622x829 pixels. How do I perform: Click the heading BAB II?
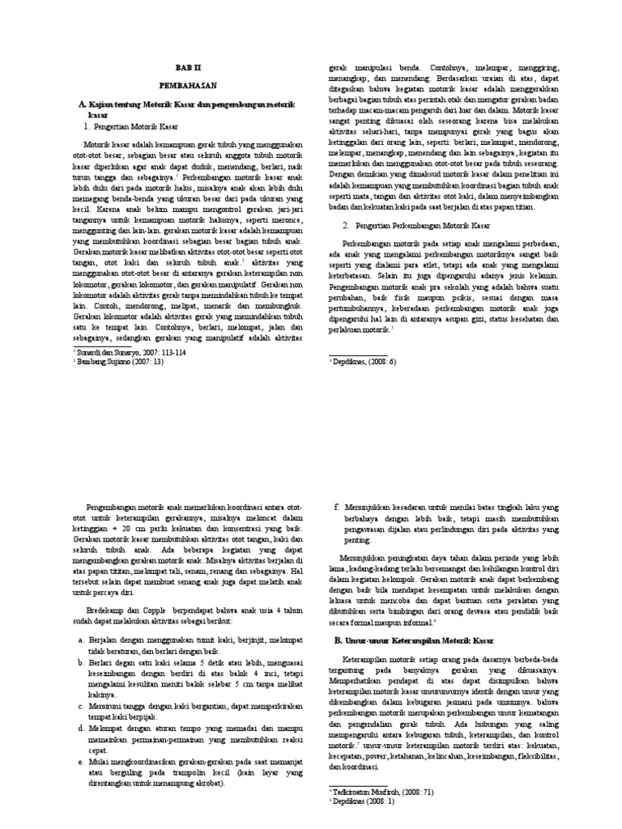[186, 69]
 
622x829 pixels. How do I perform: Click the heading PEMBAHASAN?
[186, 84]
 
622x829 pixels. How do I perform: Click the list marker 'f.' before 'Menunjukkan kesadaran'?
[336, 506]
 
